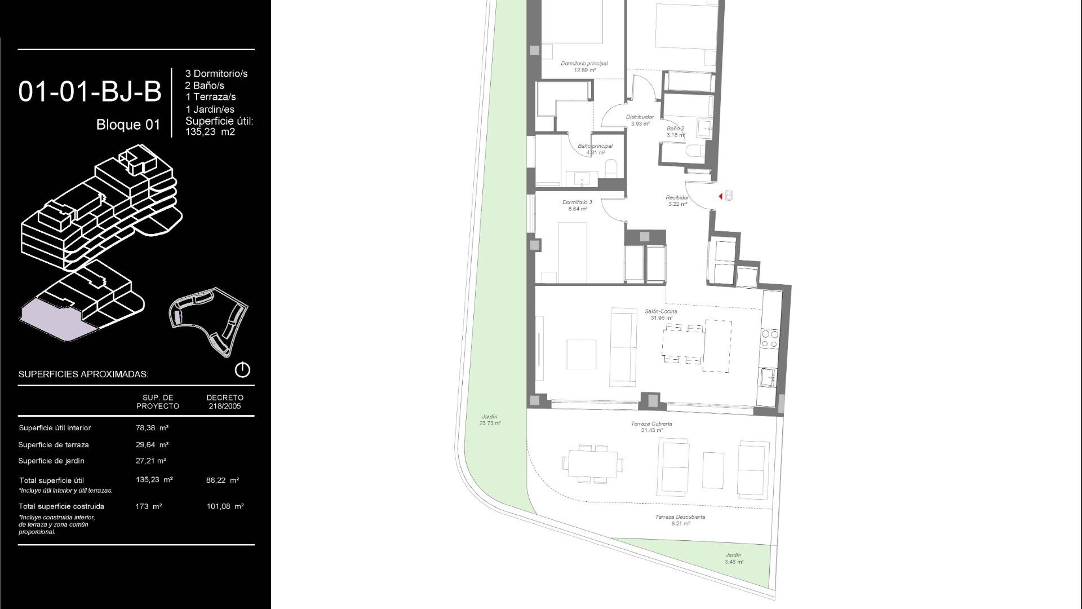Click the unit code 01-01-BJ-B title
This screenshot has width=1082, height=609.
coord(90,92)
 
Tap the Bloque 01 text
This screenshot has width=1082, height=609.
coord(128,125)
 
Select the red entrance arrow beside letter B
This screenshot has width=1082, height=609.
coord(721,196)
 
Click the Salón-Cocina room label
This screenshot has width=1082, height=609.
coord(661,314)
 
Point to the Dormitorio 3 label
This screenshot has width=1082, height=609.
coord(577,205)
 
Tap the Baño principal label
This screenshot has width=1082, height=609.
coord(595,149)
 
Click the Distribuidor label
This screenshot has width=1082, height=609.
coord(640,120)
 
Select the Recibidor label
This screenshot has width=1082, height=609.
coord(677,201)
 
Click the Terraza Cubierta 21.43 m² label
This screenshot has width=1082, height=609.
coord(651,427)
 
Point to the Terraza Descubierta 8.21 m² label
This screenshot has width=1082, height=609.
coord(680,520)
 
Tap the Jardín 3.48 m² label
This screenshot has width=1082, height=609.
coord(734,558)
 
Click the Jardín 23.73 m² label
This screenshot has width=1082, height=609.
coord(490,420)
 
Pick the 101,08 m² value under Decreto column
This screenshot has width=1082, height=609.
coord(225,506)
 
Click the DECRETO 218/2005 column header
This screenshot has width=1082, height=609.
coord(225,401)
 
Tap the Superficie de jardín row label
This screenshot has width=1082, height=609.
coord(51,461)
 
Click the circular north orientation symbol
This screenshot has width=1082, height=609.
coord(242,370)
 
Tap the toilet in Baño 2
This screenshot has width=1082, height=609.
coord(695,152)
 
